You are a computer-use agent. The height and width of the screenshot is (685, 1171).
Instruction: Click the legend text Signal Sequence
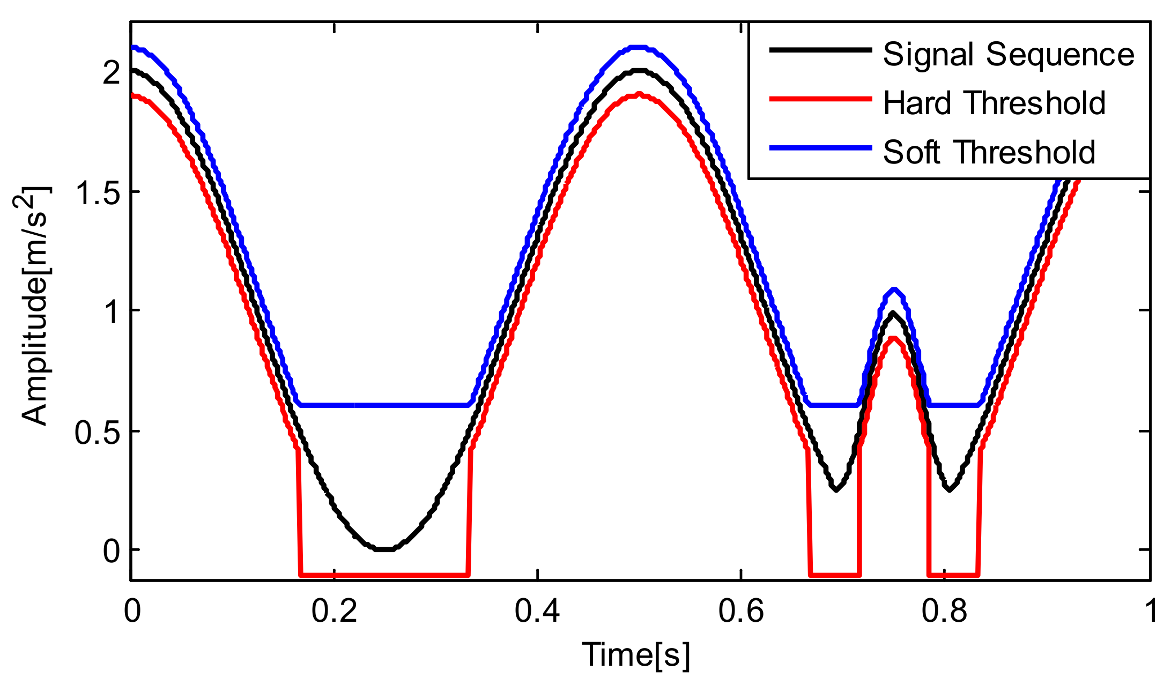pyautogui.click(x=1008, y=55)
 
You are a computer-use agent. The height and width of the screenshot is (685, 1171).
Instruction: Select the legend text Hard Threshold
pyautogui.click(x=994, y=103)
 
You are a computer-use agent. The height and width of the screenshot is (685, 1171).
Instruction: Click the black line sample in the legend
pyautogui.click(x=820, y=50)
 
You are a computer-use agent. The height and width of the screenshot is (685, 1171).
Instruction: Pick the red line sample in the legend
pyautogui.click(x=820, y=99)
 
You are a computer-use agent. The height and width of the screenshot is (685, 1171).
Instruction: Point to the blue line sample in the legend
pyautogui.click(x=820, y=148)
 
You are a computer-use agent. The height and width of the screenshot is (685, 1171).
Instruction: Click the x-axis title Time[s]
pyautogui.click(x=636, y=655)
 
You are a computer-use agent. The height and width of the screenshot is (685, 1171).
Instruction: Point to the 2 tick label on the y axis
pyautogui.click(x=112, y=72)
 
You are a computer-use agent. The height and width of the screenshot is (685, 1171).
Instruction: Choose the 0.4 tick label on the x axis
pyautogui.click(x=537, y=611)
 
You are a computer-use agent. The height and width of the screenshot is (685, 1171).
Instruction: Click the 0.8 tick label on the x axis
pyautogui.click(x=944, y=611)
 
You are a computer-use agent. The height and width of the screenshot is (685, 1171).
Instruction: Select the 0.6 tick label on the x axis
pyautogui.click(x=741, y=611)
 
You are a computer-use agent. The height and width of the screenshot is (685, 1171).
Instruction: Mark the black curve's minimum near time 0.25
pyautogui.click(x=385, y=549)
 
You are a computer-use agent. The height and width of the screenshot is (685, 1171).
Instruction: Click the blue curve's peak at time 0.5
pyautogui.click(x=639, y=47)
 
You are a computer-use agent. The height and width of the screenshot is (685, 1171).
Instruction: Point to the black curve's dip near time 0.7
pyautogui.click(x=836, y=489)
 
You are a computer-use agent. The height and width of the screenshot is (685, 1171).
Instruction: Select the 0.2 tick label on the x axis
pyautogui.click(x=334, y=611)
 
